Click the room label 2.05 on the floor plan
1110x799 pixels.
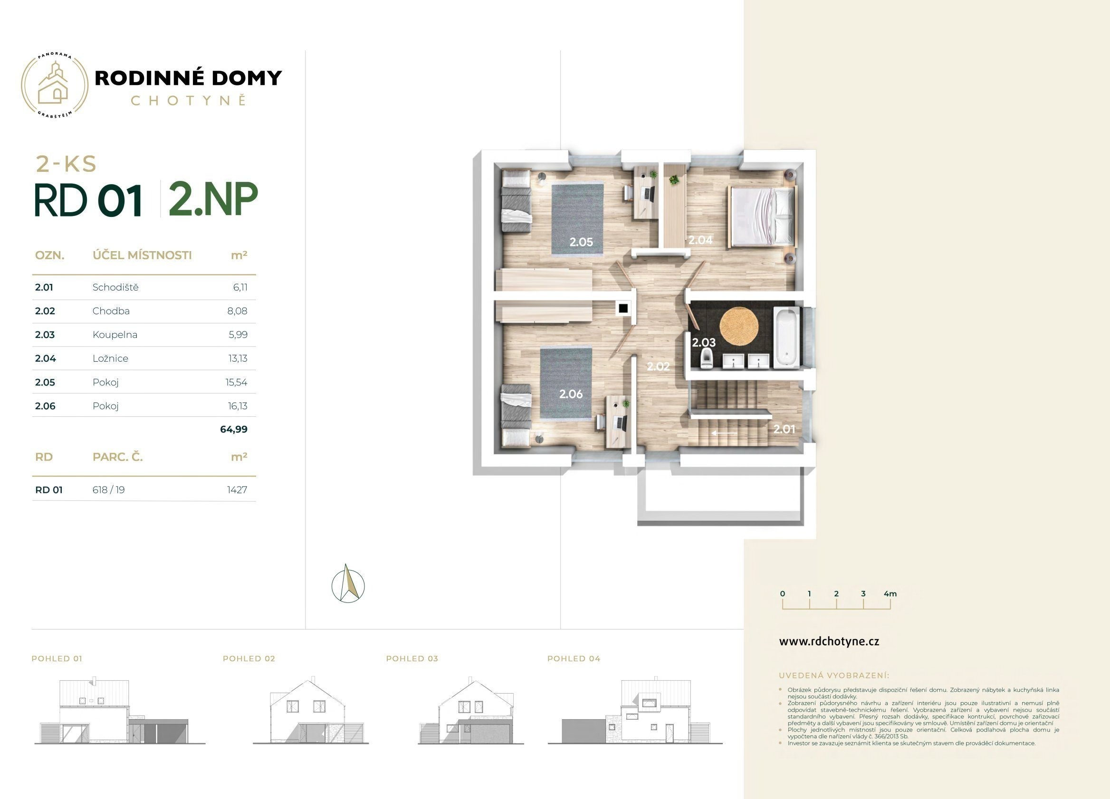(581, 242)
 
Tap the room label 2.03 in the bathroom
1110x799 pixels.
(704, 343)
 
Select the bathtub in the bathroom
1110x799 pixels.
(786, 337)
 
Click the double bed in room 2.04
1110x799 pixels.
(762, 216)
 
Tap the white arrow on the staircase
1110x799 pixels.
(724, 433)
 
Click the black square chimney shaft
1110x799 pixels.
(623, 309)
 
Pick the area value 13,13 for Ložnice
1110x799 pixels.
(238, 358)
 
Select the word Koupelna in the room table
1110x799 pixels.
(115, 335)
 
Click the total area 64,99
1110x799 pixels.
(234, 429)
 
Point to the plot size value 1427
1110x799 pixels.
(238, 490)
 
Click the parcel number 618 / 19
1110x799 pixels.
(109, 490)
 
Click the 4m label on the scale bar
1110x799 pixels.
(890, 593)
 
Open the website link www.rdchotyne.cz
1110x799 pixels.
(829, 641)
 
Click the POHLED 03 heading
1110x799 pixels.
(412, 658)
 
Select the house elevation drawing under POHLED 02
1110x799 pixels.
(311, 711)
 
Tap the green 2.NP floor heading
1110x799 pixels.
(213, 199)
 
